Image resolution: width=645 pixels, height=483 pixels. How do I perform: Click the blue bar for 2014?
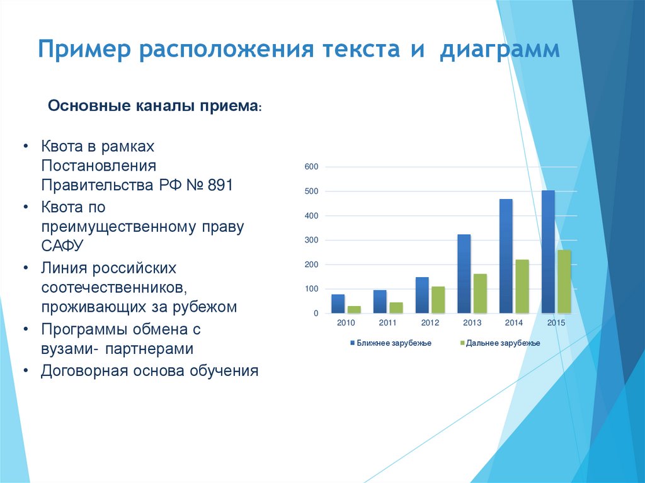(506, 256)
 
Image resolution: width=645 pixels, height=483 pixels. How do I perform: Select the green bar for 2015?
(564, 281)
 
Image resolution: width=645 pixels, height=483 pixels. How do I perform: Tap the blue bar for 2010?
(338, 304)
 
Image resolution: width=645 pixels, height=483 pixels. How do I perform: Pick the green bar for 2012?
(438, 300)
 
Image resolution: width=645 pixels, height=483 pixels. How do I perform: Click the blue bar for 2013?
(464, 274)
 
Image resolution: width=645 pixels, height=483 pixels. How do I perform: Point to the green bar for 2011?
(396, 308)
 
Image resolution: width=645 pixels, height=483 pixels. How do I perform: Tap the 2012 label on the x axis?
(430, 323)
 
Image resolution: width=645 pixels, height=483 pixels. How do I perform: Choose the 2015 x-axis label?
(556, 323)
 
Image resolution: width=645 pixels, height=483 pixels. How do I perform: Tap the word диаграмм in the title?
(499, 50)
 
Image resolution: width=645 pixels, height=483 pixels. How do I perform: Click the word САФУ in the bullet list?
(63, 246)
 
